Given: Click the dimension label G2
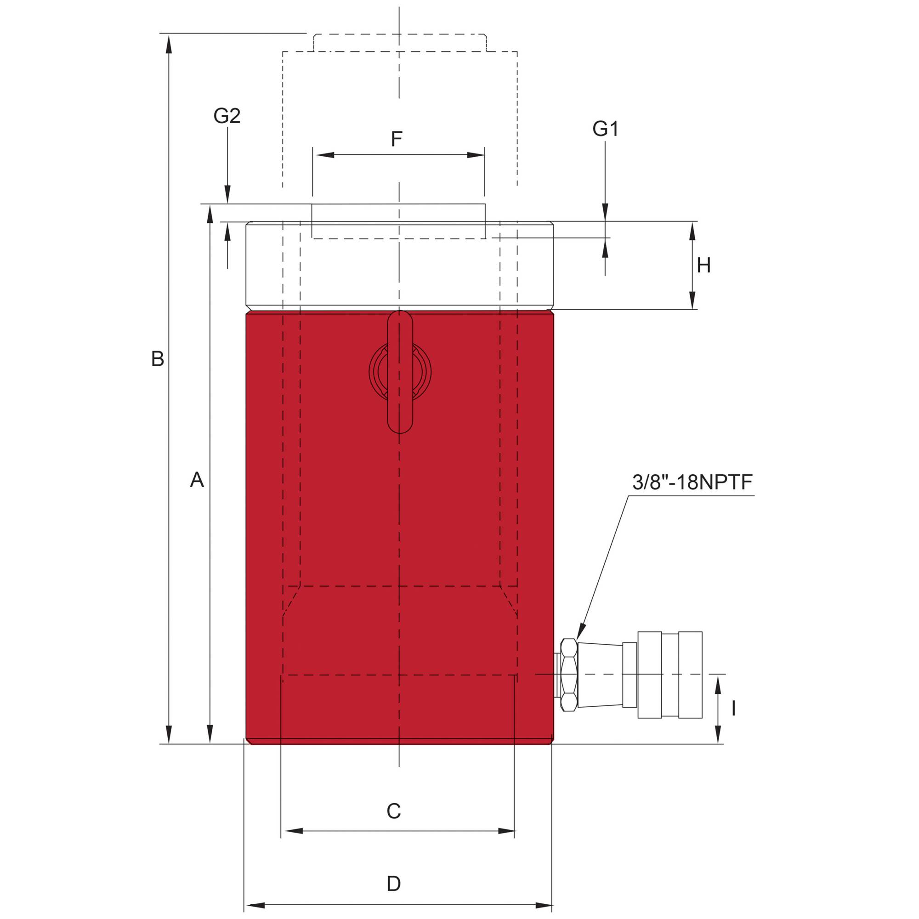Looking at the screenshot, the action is pos(227,116).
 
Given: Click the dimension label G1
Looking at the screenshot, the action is pos(605,129).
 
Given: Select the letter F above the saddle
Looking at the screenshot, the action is pos(397,139).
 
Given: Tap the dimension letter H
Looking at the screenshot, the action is pos(703,266).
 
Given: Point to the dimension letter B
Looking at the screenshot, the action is pos(158,359).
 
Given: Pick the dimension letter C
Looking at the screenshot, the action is pos(394,811).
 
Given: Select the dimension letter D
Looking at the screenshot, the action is pos(394,884).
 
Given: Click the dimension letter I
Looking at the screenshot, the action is pos(734,709).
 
